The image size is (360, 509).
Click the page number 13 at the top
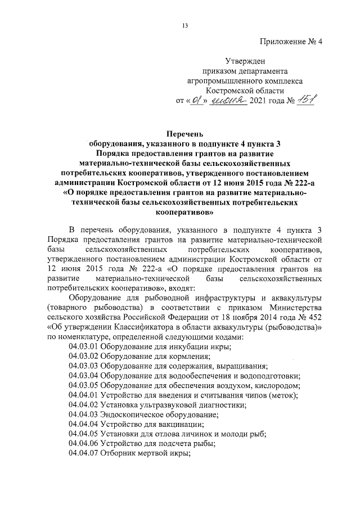coord(184,24)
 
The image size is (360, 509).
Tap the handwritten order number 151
coord(304,101)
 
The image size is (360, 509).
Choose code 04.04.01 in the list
coord(83,395)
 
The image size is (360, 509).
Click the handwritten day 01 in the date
coord(195,101)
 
